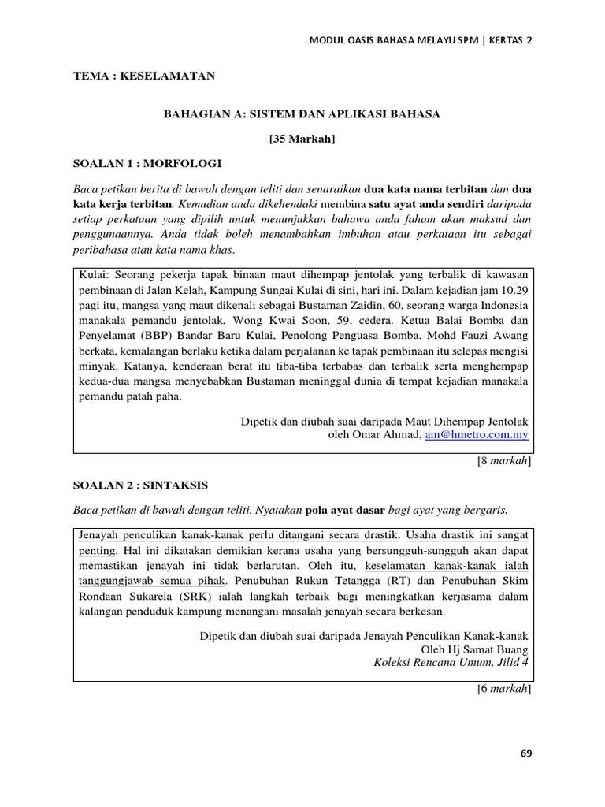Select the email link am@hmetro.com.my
pos(477,434)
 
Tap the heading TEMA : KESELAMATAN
pos(144,76)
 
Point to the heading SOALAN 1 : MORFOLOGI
pos(147,164)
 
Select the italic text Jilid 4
pos(511,662)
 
